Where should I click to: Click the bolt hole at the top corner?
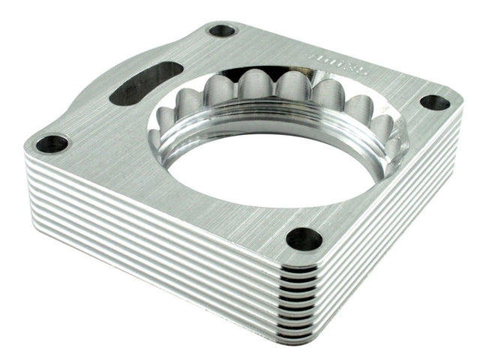221,31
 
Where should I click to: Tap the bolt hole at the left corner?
52,142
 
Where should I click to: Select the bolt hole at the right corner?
434,102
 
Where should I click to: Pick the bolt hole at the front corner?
304,238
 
